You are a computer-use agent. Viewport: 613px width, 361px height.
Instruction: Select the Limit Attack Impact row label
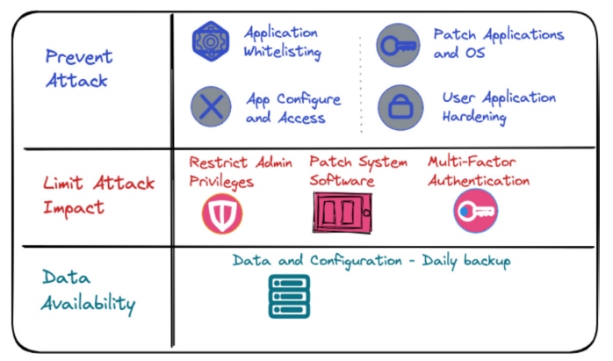pyautogui.click(x=98, y=196)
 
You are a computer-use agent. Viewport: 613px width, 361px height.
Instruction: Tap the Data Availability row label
pyautogui.click(x=89, y=291)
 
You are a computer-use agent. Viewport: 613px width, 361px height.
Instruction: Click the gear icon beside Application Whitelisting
pyautogui.click(x=210, y=40)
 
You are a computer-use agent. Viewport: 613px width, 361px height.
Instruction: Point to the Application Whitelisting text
pyautogui.click(x=282, y=42)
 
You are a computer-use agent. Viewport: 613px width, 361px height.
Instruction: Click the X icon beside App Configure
pyautogui.click(x=210, y=108)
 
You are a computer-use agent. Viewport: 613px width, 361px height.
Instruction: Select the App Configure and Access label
pyautogui.click(x=292, y=109)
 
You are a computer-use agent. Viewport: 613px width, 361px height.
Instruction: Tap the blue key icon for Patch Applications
pyautogui.click(x=397, y=44)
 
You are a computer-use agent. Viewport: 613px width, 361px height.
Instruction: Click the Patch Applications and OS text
pyautogui.click(x=498, y=43)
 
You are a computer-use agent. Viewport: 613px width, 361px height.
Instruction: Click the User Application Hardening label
pyautogui.click(x=499, y=106)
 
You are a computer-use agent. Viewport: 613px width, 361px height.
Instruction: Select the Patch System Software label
pyautogui.click(x=358, y=171)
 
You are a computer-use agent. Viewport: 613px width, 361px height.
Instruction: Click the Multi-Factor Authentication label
pyautogui.click(x=479, y=171)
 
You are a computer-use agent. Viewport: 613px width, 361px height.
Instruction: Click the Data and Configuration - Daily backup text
pyautogui.click(x=371, y=261)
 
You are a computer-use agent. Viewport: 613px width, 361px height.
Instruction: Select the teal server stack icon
pyautogui.click(x=289, y=296)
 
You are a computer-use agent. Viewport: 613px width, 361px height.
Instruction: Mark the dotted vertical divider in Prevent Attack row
pyautogui.click(x=360, y=83)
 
